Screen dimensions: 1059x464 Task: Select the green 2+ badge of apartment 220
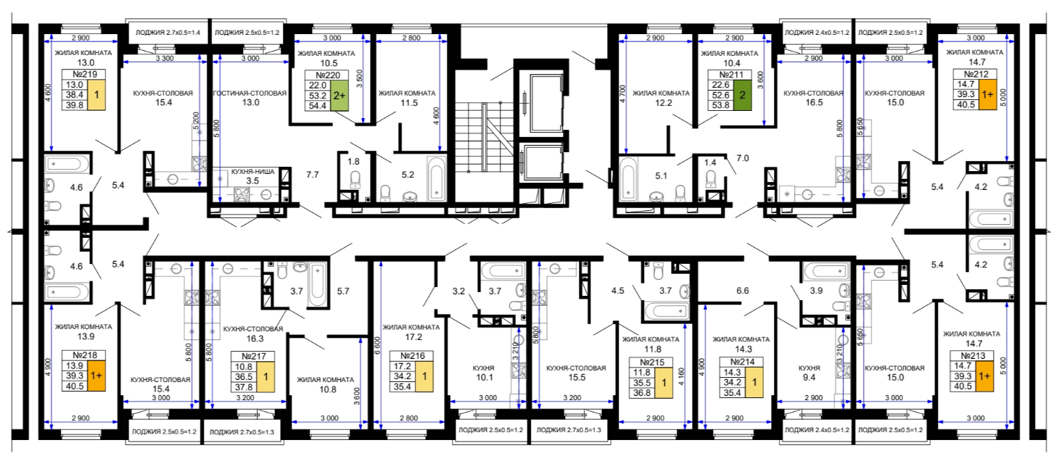(x=339, y=96)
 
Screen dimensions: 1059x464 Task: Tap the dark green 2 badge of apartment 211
(x=742, y=95)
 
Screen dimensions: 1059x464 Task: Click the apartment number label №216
(x=412, y=356)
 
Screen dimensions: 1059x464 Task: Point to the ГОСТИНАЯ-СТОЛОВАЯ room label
(x=250, y=93)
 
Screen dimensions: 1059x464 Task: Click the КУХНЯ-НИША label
(x=253, y=172)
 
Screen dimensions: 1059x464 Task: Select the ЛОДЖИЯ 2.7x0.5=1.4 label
(x=168, y=33)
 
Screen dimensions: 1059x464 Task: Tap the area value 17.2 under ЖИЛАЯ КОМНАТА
(x=413, y=337)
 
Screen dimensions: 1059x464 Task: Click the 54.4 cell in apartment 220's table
(x=317, y=106)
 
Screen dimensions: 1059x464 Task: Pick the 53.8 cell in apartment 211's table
(x=720, y=105)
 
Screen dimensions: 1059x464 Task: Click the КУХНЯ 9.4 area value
(x=809, y=377)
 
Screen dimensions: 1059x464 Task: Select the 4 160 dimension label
(x=681, y=378)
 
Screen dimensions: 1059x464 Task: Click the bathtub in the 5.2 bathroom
(x=436, y=179)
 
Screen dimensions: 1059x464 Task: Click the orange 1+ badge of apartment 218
(x=96, y=376)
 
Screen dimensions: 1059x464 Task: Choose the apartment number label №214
(x=742, y=362)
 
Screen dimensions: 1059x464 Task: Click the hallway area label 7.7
(x=312, y=174)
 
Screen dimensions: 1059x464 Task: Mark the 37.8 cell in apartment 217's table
(x=244, y=387)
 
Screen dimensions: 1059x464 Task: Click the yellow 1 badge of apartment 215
(x=664, y=383)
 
